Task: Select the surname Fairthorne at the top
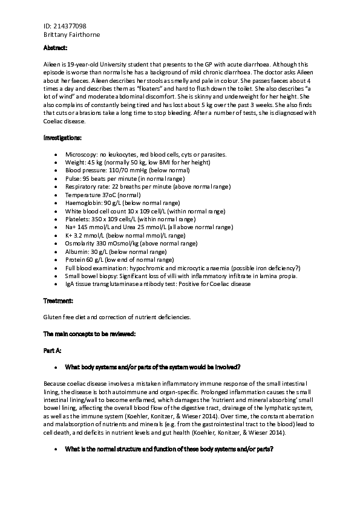coord(83,35)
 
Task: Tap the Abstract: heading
coord(56,48)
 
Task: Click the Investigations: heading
coord(62,138)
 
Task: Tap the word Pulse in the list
coord(73,179)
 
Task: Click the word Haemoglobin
coord(83,203)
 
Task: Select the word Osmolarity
coord(80,244)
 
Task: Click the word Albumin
coord(77,251)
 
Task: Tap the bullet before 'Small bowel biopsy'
coord(56,276)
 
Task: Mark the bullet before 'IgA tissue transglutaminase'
coord(56,284)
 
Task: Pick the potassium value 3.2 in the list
coord(79,236)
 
